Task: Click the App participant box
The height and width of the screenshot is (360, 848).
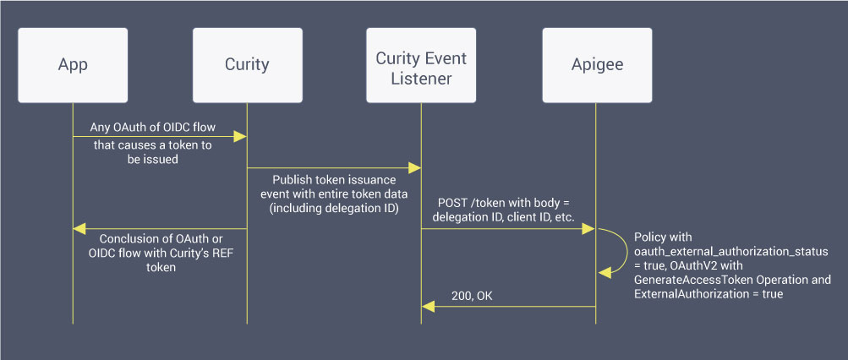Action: click(73, 65)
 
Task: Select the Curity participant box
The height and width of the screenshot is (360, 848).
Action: click(247, 65)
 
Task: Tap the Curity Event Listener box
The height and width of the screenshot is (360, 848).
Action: click(420, 65)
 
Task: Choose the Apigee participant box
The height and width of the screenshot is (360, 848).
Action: click(596, 65)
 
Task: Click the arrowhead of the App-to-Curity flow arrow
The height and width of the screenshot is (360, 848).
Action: click(241, 135)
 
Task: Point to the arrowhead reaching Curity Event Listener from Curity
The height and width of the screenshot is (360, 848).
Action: click(415, 168)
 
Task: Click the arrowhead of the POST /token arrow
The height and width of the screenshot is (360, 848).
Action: click(590, 228)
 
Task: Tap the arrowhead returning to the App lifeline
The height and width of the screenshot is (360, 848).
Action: click(79, 228)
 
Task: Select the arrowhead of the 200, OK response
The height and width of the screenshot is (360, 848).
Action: click(428, 308)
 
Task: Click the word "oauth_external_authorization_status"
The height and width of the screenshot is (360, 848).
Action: click(731, 252)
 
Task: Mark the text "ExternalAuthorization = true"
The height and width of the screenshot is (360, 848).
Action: click(708, 293)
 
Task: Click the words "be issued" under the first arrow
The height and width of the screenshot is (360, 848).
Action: click(152, 159)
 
